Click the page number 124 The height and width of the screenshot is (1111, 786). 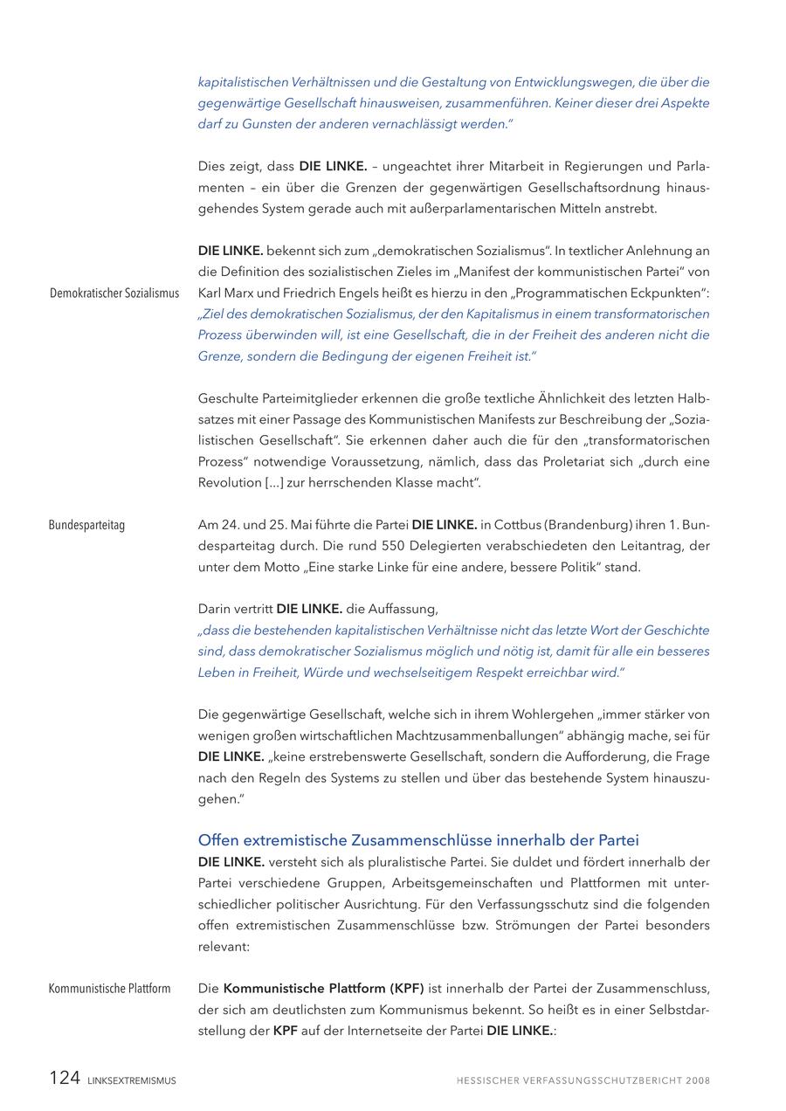click(65, 1078)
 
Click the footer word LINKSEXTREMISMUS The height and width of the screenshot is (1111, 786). click(132, 1080)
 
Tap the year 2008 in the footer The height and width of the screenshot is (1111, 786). click(698, 1080)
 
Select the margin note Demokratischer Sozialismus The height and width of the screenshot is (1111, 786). click(114, 293)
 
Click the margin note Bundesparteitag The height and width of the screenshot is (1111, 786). click(86, 525)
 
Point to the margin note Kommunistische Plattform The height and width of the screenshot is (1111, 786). click(109, 989)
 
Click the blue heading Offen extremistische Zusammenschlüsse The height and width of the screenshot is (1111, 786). click(418, 840)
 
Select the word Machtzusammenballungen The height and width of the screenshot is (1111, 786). click(464, 735)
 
